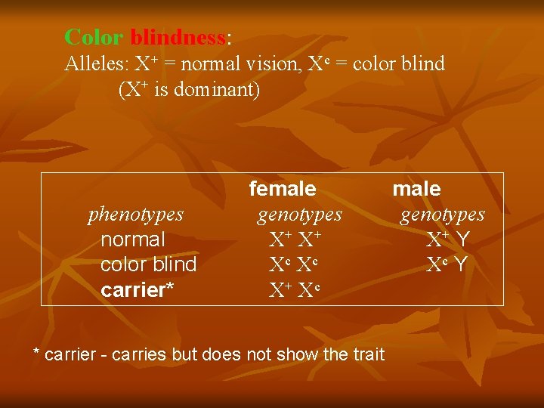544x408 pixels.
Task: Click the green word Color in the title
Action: pyautogui.click(x=94, y=36)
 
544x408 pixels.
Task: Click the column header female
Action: pyautogui.click(x=283, y=188)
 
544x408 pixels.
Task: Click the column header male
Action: pyautogui.click(x=416, y=188)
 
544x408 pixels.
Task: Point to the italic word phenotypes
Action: pyautogui.click(x=136, y=215)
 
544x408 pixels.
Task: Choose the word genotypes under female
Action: pyautogui.click(x=299, y=215)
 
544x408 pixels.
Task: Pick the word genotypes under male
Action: pyautogui.click(x=443, y=215)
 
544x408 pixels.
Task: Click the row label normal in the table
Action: pyautogui.click(x=132, y=240)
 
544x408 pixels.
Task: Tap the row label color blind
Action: pyautogui.click(x=148, y=264)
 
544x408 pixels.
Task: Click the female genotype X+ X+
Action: pyautogui.click(x=295, y=240)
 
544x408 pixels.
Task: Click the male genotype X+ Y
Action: pyautogui.click(x=448, y=240)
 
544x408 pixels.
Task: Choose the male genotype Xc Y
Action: pyautogui.click(x=447, y=265)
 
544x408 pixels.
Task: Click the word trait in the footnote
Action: pyautogui.click(x=367, y=354)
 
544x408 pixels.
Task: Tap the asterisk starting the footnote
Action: pyautogui.click(x=36, y=352)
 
